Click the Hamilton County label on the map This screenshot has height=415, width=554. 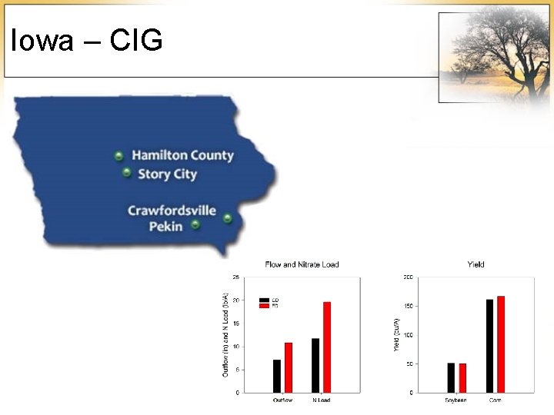[182, 155]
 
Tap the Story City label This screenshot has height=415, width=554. [167, 174]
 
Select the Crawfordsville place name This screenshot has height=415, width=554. [172, 211]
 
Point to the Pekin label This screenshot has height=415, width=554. [165, 226]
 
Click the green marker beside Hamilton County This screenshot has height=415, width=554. [118, 156]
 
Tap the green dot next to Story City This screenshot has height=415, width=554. [126, 173]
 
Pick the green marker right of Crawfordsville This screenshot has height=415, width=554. [228, 218]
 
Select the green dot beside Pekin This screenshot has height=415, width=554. [195, 224]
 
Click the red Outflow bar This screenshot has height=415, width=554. [289, 367]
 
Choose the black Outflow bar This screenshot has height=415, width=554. [277, 376]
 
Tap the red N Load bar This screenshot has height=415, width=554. [326, 347]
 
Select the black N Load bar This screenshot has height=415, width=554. [315, 365]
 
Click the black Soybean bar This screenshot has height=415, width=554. [451, 377]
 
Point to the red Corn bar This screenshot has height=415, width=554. [501, 344]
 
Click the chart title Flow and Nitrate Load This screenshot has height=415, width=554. [302, 265]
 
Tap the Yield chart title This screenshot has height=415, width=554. [476, 265]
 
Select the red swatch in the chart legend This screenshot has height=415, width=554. [264, 306]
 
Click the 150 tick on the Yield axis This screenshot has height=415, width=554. [408, 306]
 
